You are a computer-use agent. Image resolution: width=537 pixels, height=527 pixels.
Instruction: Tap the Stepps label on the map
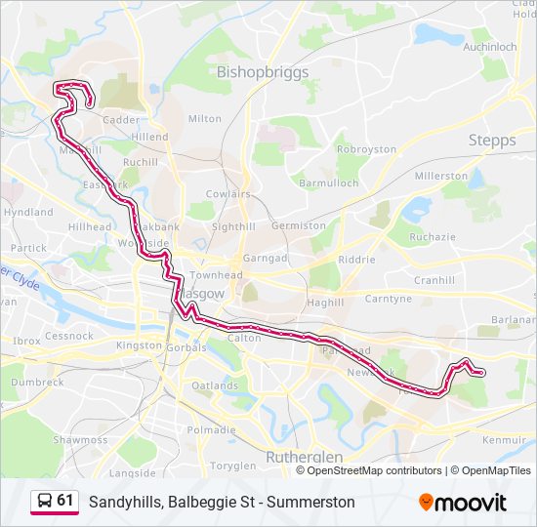point(492,141)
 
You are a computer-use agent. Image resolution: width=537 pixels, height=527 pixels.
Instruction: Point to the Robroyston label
point(366,149)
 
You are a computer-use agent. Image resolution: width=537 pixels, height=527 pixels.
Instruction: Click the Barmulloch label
point(328,182)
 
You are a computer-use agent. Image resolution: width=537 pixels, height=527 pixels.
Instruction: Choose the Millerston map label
point(441,176)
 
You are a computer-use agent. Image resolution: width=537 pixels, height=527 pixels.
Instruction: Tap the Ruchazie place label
point(433,236)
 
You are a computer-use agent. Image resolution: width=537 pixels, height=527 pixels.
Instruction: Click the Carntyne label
point(388,299)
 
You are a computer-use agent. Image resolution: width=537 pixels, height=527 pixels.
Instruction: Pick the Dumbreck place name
point(38,383)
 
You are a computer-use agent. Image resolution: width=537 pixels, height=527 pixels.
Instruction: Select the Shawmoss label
point(80,440)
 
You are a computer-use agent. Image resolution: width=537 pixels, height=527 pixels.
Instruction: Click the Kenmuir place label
point(504,440)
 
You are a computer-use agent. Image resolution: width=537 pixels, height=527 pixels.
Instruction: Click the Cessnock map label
point(68,336)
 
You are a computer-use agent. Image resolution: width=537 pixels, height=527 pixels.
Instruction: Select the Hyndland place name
point(28,212)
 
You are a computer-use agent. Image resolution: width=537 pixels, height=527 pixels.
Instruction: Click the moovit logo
point(463,503)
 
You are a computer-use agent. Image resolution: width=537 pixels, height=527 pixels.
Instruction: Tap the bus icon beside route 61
point(44,501)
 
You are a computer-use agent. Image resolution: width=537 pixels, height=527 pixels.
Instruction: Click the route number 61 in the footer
point(65,501)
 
